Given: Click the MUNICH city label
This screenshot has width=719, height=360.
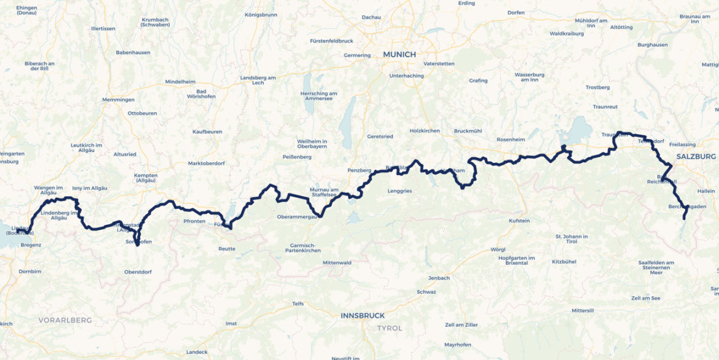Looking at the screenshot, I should coord(399,54).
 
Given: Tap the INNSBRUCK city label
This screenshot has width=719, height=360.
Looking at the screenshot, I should coord(363,315).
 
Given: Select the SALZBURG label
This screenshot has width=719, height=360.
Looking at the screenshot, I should coord(696,157).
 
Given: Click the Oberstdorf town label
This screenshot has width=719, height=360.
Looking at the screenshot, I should coord(137,272).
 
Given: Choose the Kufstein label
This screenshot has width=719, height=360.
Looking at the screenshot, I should coord(519,221).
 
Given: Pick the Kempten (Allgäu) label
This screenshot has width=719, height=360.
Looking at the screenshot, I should coord(146,178).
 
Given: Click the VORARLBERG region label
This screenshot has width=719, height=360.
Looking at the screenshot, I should coord(65,320).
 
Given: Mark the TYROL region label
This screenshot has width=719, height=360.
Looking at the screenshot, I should coord(390,328).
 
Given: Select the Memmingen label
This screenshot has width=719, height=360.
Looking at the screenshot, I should coord(119,100).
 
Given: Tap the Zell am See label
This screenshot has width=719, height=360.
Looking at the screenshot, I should coord(645,297).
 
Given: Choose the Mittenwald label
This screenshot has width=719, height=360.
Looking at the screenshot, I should coord(337,262).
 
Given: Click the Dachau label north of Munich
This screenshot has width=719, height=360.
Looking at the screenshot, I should coord(371,17).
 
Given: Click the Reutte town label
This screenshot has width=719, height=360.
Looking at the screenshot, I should coord(227,249).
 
